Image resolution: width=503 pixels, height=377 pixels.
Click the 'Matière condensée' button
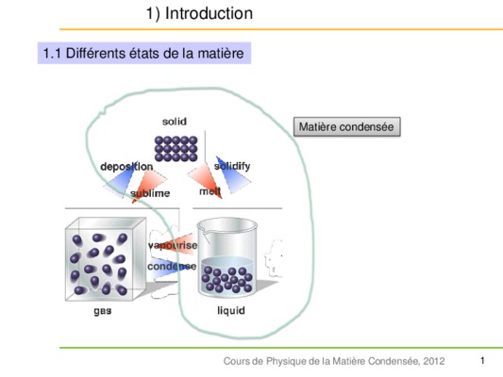(x=346, y=127)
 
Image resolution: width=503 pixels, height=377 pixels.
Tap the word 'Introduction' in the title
(x=209, y=13)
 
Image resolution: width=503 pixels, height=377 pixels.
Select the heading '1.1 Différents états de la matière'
(x=144, y=53)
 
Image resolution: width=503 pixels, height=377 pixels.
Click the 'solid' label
(x=175, y=122)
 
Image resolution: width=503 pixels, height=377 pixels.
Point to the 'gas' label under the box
(x=103, y=311)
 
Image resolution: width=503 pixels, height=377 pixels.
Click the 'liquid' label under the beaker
(x=231, y=310)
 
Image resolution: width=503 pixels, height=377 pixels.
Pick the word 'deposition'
(x=126, y=167)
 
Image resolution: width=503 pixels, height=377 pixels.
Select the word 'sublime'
(x=150, y=193)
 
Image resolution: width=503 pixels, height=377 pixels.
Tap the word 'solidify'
(x=232, y=166)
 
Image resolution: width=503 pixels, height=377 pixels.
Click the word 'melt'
(x=210, y=191)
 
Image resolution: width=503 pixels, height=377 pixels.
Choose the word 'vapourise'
(x=173, y=245)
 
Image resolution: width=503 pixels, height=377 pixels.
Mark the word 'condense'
(x=172, y=266)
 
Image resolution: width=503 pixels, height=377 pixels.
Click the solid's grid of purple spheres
(x=176, y=149)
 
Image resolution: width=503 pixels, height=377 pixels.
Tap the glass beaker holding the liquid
(x=227, y=257)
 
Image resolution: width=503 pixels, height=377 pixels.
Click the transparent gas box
(x=106, y=259)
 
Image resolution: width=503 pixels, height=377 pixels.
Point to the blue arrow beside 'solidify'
(x=232, y=175)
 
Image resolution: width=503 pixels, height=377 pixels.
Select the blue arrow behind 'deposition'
(x=119, y=179)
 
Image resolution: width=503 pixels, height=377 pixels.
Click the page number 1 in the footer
(x=482, y=361)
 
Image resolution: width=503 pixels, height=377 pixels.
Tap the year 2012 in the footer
(x=434, y=361)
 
